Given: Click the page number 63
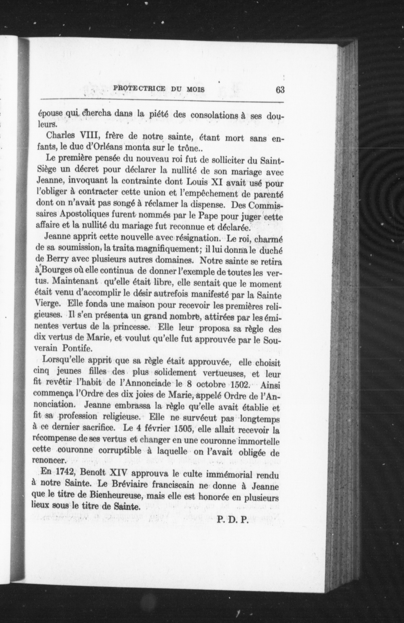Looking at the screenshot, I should pos(280,90).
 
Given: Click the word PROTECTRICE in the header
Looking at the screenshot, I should pos(139,89).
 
